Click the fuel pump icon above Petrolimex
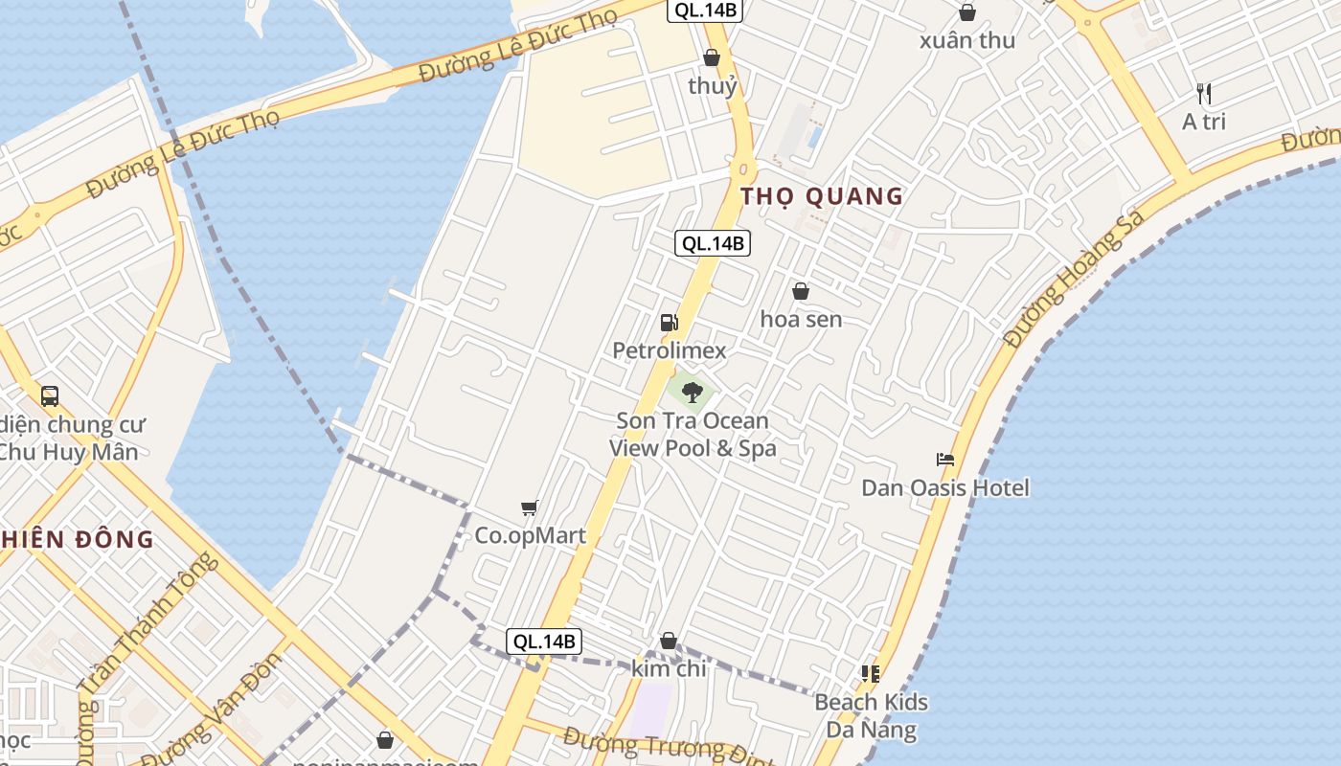pyautogui.click(x=669, y=323)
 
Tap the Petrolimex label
pyautogui.click(x=670, y=350)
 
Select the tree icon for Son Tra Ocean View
pyautogui.click(x=693, y=392)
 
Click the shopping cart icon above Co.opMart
pyautogui.click(x=529, y=507)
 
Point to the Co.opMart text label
pyautogui.click(x=530, y=535)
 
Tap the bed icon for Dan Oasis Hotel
pyautogui.click(x=945, y=460)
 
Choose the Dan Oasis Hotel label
pyautogui.click(x=945, y=487)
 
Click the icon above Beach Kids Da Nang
pyautogui.click(x=870, y=674)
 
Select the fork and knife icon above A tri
pyautogui.click(x=1204, y=94)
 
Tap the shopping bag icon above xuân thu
pyautogui.click(x=967, y=12)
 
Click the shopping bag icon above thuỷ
pyautogui.click(x=712, y=57)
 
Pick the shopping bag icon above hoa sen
pyautogui.click(x=801, y=291)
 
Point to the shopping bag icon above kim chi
pyautogui.click(x=669, y=641)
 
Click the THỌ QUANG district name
pyautogui.click(x=822, y=196)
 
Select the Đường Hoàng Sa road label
pyautogui.click(x=1074, y=279)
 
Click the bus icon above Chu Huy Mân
pyautogui.click(x=50, y=395)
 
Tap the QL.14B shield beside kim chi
pyautogui.click(x=544, y=642)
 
